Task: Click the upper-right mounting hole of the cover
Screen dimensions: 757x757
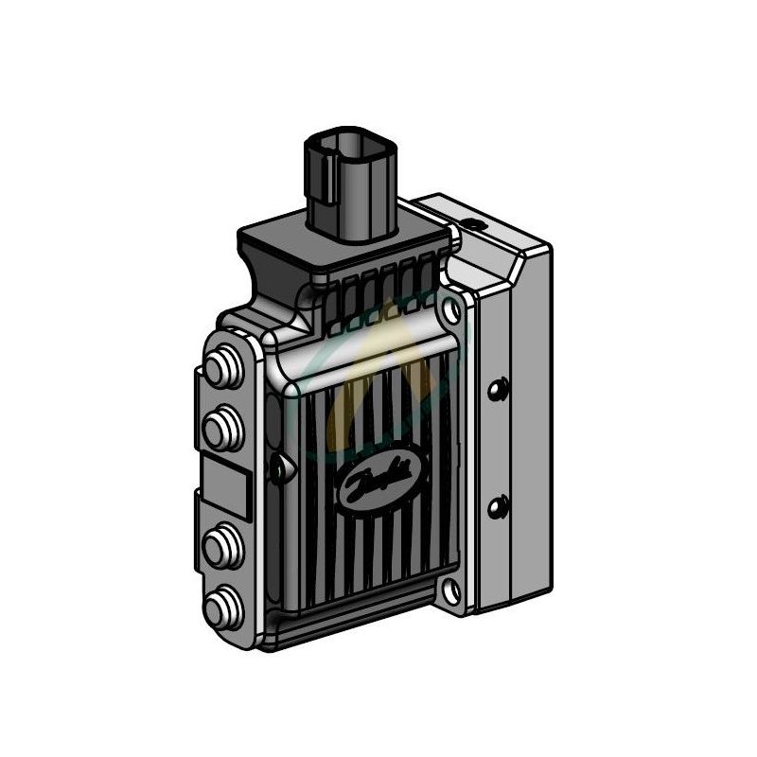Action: pos(458,308)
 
